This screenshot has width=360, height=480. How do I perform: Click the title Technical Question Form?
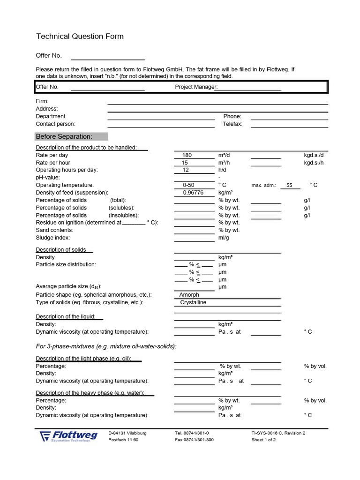click(x=80, y=37)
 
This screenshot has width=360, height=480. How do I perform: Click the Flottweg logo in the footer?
click(x=68, y=436)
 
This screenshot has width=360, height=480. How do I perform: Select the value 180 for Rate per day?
click(x=187, y=155)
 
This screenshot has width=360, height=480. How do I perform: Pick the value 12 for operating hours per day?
click(x=185, y=170)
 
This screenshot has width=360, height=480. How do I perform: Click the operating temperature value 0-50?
click(x=188, y=185)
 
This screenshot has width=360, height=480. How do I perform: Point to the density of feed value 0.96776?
click(x=193, y=193)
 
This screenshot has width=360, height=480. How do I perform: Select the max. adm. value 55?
click(x=289, y=186)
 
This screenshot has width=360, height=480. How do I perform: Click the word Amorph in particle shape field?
click(x=189, y=295)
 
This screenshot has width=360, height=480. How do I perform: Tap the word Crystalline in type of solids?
click(x=193, y=302)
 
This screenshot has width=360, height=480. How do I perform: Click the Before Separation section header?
click(x=71, y=136)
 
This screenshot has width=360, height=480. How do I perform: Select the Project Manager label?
click(x=196, y=87)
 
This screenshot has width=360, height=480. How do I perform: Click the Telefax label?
click(x=232, y=124)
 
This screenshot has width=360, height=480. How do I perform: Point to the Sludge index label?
click(x=53, y=238)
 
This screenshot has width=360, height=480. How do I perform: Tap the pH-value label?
click(x=47, y=178)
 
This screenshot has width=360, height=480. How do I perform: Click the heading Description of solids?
click(x=61, y=250)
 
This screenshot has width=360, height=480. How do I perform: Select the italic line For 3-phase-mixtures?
click(x=106, y=346)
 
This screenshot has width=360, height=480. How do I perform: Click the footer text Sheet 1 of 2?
click(x=263, y=440)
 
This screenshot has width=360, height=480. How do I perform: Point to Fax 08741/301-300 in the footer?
click(x=194, y=440)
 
